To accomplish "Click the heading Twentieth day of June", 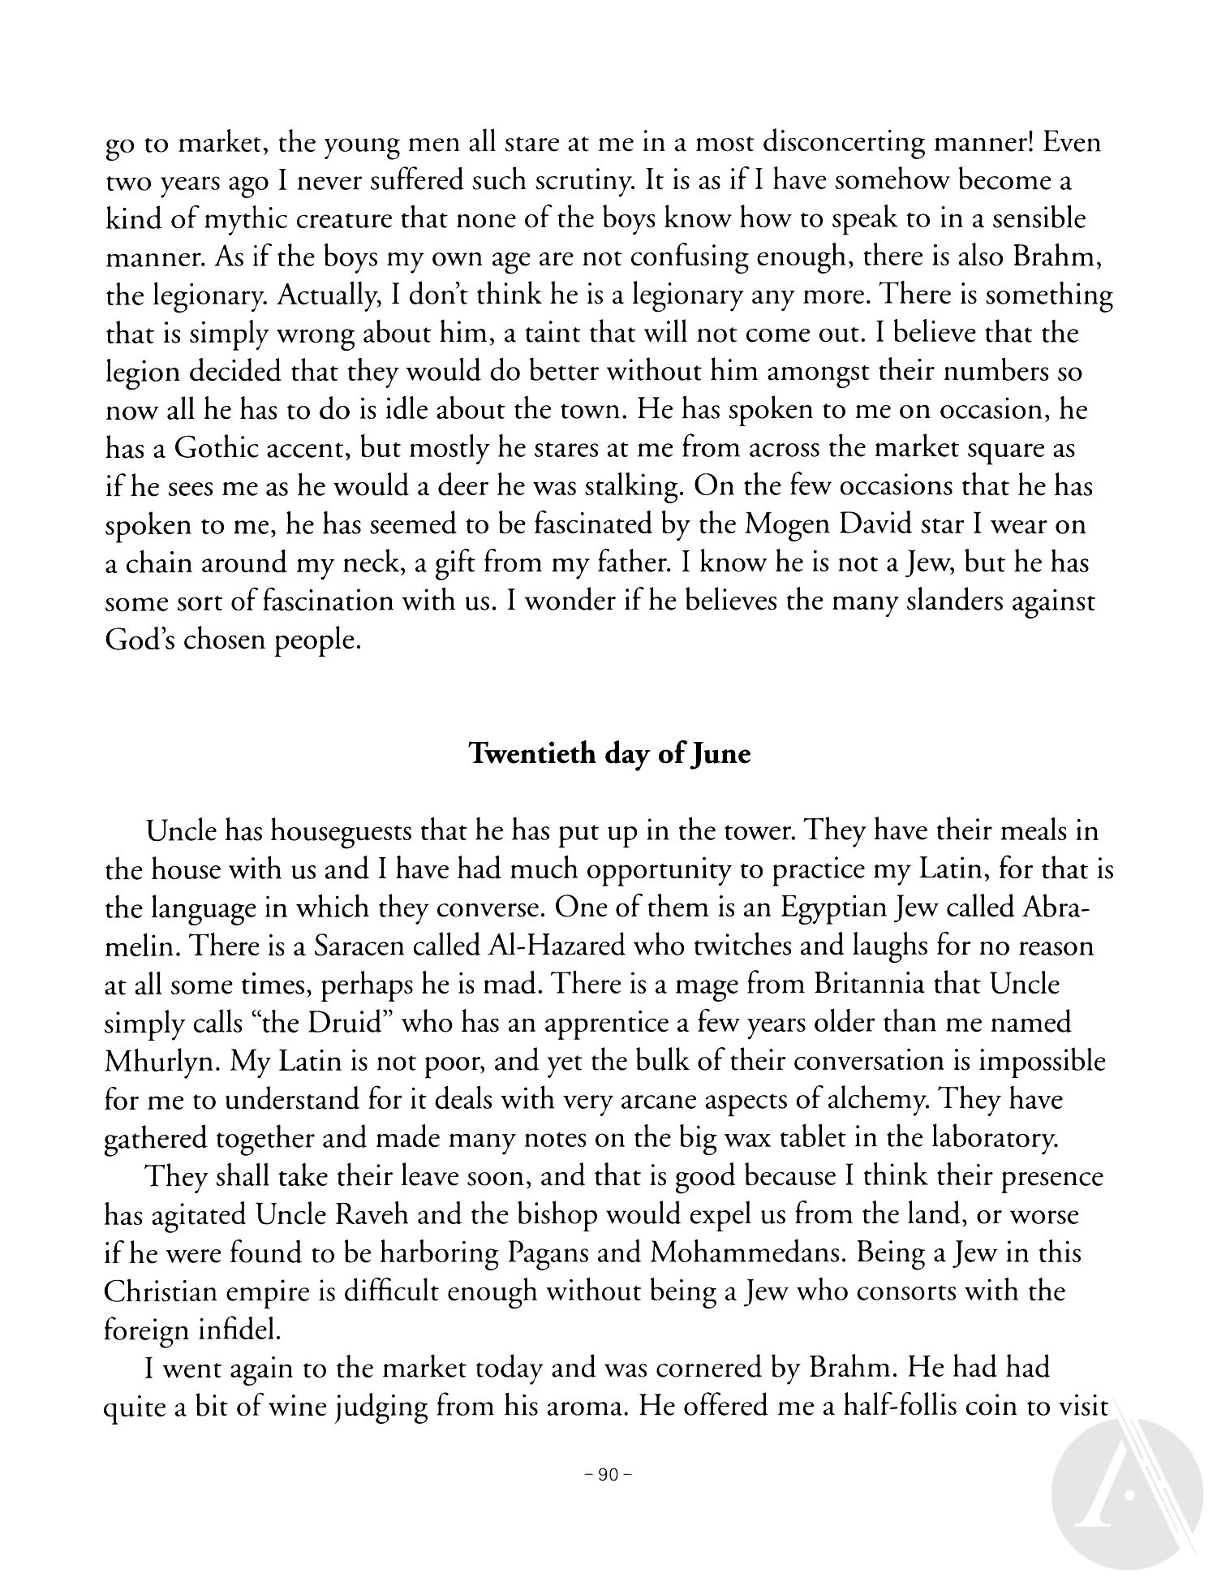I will point(610,754).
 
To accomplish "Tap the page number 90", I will point(608,1475).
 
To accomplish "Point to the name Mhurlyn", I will point(153,1062).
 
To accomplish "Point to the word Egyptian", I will point(837,908).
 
